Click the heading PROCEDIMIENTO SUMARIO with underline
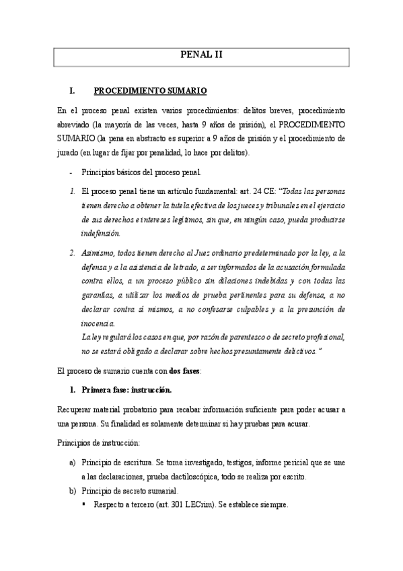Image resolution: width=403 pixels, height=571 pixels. coord(145,90)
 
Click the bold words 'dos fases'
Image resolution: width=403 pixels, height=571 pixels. coord(184,371)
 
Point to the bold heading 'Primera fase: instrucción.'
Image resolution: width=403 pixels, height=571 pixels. coord(126,390)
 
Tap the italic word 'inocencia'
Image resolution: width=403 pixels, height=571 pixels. coord(98,323)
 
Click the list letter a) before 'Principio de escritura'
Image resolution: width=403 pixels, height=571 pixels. coord(72,463)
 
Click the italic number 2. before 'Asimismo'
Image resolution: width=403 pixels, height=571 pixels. coord(71,253)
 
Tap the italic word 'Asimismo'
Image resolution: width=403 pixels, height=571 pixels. coord(99,253)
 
